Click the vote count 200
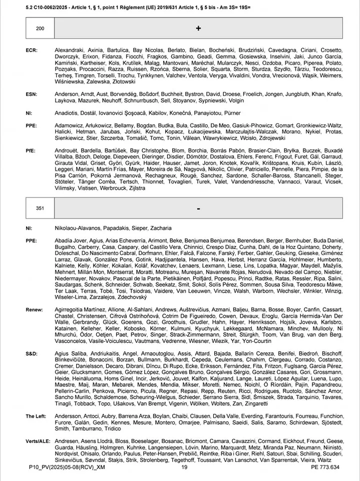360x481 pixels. [40, 29]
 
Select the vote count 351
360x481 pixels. [40, 208]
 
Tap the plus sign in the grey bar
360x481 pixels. [198, 29]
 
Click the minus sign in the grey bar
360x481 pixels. [198, 208]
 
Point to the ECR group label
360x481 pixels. [31, 51]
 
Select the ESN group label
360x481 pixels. [31, 94]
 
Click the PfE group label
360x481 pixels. [31, 151]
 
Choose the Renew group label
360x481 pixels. [34, 310]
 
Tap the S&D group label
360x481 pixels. [32, 354]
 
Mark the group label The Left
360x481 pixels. [36, 416]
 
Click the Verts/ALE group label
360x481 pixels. [39, 441]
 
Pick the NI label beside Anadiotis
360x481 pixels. [29, 113]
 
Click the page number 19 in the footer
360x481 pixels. [184, 467]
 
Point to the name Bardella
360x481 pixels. [92, 151]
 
